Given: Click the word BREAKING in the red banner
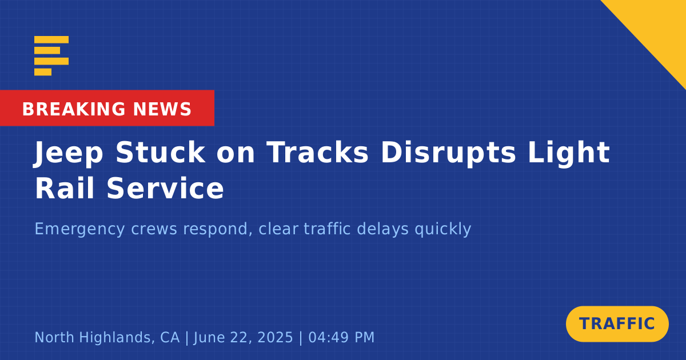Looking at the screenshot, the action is pyautogui.click(x=74, y=109).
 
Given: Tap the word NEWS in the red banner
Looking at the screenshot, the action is pyautogui.click(x=162, y=109).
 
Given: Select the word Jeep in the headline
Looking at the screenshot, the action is pyautogui.click(x=68, y=153).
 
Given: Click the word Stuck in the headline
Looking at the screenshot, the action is pyautogui.click(x=160, y=152).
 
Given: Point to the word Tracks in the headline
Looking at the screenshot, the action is pyautogui.click(x=318, y=152).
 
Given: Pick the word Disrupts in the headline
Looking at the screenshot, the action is pyautogui.click(x=448, y=153).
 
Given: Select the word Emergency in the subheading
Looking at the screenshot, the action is pyautogui.click(x=79, y=229).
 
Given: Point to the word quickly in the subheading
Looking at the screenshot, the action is pyautogui.click(x=443, y=229).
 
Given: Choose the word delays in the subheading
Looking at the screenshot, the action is pyautogui.click(x=383, y=229).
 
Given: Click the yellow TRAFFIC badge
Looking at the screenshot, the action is pyautogui.click(x=617, y=324).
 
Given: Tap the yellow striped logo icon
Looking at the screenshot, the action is pyautogui.click(x=51, y=56).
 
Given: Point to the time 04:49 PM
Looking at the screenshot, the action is pyautogui.click(x=341, y=337).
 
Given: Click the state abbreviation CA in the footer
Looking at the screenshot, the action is pyautogui.click(x=170, y=337).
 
